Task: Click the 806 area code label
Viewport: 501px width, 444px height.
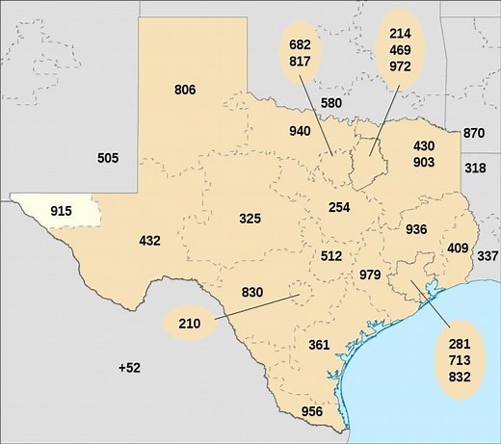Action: tap(186, 91)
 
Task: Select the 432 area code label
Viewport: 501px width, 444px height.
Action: tap(149, 241)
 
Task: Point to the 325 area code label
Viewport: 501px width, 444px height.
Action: tap(250, 220)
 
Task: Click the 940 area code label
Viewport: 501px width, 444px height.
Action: tap(301, 131)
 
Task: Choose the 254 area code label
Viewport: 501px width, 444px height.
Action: tap(339, 208)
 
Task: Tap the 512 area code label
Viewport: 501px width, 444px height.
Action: tap(331, 256)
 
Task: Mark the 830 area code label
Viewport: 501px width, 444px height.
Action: tap(252, 293)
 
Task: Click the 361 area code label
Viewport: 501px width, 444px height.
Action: tap(320, 345)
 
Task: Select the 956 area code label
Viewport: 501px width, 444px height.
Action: tap(312, 412)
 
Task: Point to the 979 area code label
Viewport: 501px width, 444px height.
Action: tap(370, 275)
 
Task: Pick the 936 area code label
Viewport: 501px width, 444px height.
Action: tap(416, 229)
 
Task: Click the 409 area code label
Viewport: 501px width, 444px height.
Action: tap(458, 248)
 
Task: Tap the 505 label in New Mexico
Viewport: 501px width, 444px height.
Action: tap(109, 158)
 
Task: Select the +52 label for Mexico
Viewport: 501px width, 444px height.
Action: tap(129, 368)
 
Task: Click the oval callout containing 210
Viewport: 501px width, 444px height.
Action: tap(190, 324)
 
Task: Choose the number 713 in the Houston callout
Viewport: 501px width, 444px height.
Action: tap(459, 360)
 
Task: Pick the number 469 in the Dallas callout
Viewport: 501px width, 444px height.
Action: tap(401, 49)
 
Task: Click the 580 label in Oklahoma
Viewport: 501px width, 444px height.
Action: tap(331, 103)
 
